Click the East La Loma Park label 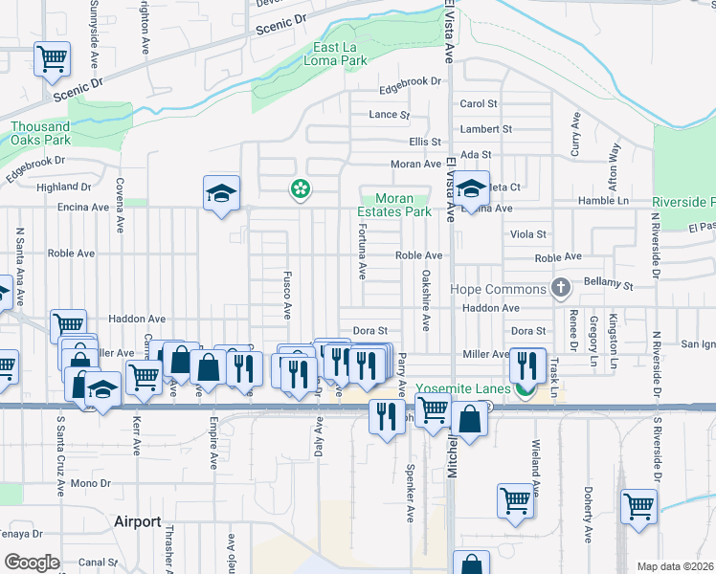[341, 53]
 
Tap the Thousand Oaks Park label [40, 133]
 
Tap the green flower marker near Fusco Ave [301, 189]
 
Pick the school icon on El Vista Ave [471, 188]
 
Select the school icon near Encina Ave [221, 194]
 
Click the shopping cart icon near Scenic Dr [53, 58]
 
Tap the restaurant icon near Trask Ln [527, 364]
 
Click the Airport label [137, 521]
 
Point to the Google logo [32, 563]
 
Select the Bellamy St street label [613, 285]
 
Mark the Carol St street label [479, 103]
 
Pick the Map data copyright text [675, 566]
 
